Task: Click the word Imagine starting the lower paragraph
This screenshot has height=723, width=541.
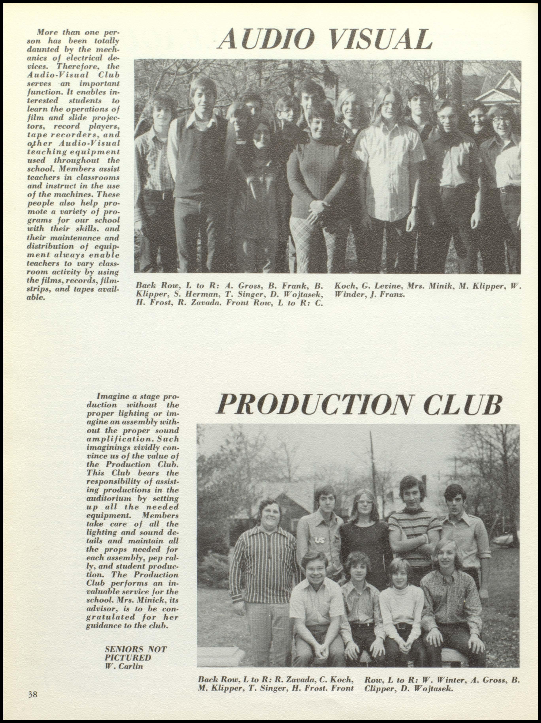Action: pyautogui.click(x=113, y=397)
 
